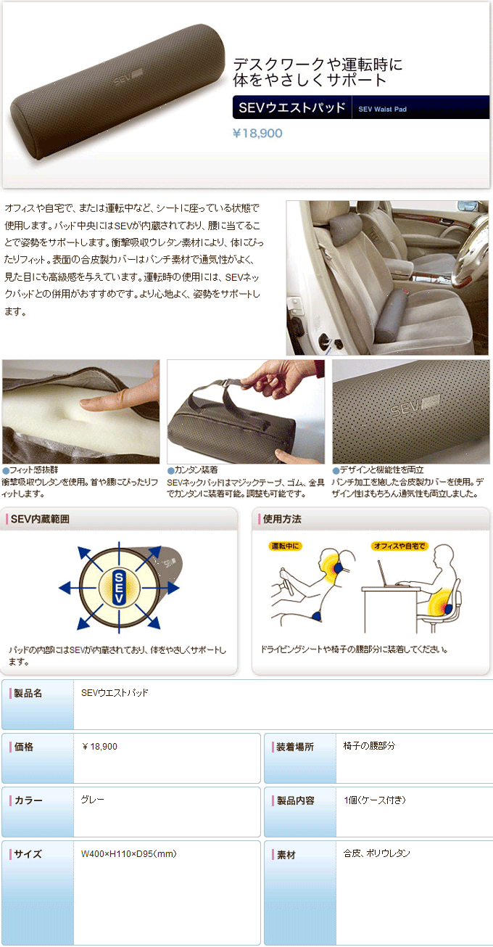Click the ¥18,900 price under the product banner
[257, 134]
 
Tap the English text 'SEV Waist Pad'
[382, 109]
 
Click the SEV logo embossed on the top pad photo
[127, 77]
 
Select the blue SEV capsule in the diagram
[119, 588]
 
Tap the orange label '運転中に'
[285, 546]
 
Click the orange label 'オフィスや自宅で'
[399, 546]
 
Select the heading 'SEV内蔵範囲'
[40, 519]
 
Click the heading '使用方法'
[282, 519]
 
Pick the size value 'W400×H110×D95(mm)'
[129, 853]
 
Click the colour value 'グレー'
[93, 800]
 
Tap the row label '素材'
[286, 854]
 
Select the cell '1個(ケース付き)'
[375, 800]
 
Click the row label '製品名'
[28, 693]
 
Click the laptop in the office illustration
[387, 575]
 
